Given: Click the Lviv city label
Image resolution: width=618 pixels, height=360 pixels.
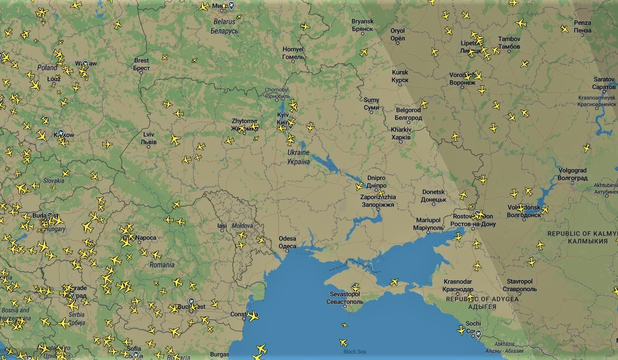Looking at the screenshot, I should click(x=149, y=138).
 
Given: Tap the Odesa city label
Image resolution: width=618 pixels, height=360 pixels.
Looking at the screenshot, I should click(x=287, y=242).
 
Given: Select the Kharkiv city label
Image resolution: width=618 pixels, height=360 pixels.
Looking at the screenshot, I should click(x=401, y=133).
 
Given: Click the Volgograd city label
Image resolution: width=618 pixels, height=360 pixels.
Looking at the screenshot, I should click(x=573, y=174).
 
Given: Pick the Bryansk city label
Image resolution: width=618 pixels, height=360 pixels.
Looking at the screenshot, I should click(x=362, y=25).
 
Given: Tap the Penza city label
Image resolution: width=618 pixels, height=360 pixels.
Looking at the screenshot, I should click(x=583, y=26).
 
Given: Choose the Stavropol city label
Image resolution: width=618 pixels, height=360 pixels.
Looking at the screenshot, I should click(x=519, y=285).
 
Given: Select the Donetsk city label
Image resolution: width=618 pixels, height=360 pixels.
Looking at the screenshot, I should click(x=433, y=195).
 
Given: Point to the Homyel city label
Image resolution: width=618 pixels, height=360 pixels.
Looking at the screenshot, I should click(x=293, y=53).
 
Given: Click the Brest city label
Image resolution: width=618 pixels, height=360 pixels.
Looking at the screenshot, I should click(x=141, y=64).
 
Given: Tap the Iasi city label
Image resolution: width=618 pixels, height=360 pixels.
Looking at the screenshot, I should click(x=222, y=226).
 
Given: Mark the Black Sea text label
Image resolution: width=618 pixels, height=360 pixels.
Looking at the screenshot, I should click(x=355, y=352).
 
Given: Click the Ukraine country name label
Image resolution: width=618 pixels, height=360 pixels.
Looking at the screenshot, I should click(x=298, y=157).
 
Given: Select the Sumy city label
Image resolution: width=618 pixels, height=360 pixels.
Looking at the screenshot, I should click(x=372, y=104).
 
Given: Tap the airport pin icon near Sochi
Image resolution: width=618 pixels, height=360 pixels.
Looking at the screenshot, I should click(x=478, y=335).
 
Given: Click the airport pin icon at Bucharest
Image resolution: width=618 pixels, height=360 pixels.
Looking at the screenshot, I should click(x=191, y=302).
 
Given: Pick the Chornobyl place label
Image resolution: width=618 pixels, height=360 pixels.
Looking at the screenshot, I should click(x=276, y=93).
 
